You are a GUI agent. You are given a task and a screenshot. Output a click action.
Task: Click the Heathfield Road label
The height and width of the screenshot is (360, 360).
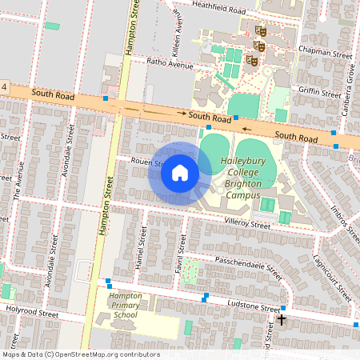click(x=217, y=8)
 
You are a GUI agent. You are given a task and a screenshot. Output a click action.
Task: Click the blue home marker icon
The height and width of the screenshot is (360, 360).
click(x=180, y=173)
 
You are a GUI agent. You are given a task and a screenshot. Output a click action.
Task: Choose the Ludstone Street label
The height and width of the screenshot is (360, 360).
click(x=253, y=305)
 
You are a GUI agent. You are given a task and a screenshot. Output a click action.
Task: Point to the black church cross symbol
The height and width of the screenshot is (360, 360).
click(x=281, y=320)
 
